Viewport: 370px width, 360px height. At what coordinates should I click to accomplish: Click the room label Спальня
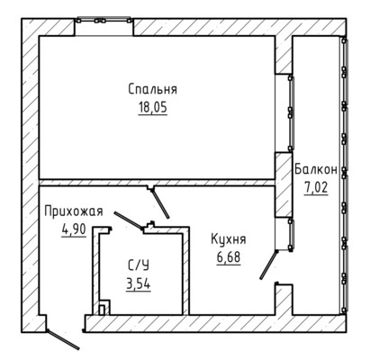(x=153, y=89)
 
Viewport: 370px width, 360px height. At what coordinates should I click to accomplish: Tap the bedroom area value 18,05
(x=153, y=107)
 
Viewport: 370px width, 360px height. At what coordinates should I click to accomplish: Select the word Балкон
(x=316, y=169)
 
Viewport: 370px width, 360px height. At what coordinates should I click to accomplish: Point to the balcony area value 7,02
(x=316, y=188)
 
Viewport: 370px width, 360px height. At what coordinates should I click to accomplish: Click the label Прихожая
(x=74, y=211)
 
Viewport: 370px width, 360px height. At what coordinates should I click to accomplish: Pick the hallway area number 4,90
(x=74, y=229)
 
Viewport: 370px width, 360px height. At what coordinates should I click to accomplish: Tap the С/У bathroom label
(x=139, y=265)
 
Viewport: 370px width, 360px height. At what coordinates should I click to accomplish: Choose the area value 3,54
(x=139, y=283)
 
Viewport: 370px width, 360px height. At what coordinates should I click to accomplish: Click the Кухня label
(x=229, y=239)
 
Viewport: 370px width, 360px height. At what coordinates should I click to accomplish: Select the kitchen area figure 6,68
(x=229, y=257)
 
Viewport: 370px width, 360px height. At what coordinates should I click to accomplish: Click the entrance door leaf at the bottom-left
(x=63, y=339)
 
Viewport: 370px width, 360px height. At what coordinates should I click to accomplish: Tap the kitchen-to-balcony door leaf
(x=268, y=265)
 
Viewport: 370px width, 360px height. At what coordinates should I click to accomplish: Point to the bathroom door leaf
(x=128, y=220)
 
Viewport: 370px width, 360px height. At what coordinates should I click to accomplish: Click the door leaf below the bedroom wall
(x=160, y=203)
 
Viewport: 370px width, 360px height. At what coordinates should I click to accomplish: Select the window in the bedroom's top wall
(x=104, y=21)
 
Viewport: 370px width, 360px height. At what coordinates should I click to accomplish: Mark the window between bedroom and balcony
(x=290, y=113)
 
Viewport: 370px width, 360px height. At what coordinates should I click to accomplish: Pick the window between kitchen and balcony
(x=290, y=235)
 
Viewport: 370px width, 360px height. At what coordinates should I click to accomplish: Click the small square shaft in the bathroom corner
(x=102, y=310)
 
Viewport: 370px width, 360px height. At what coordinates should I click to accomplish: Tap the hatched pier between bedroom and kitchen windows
(x=284, y=184)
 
